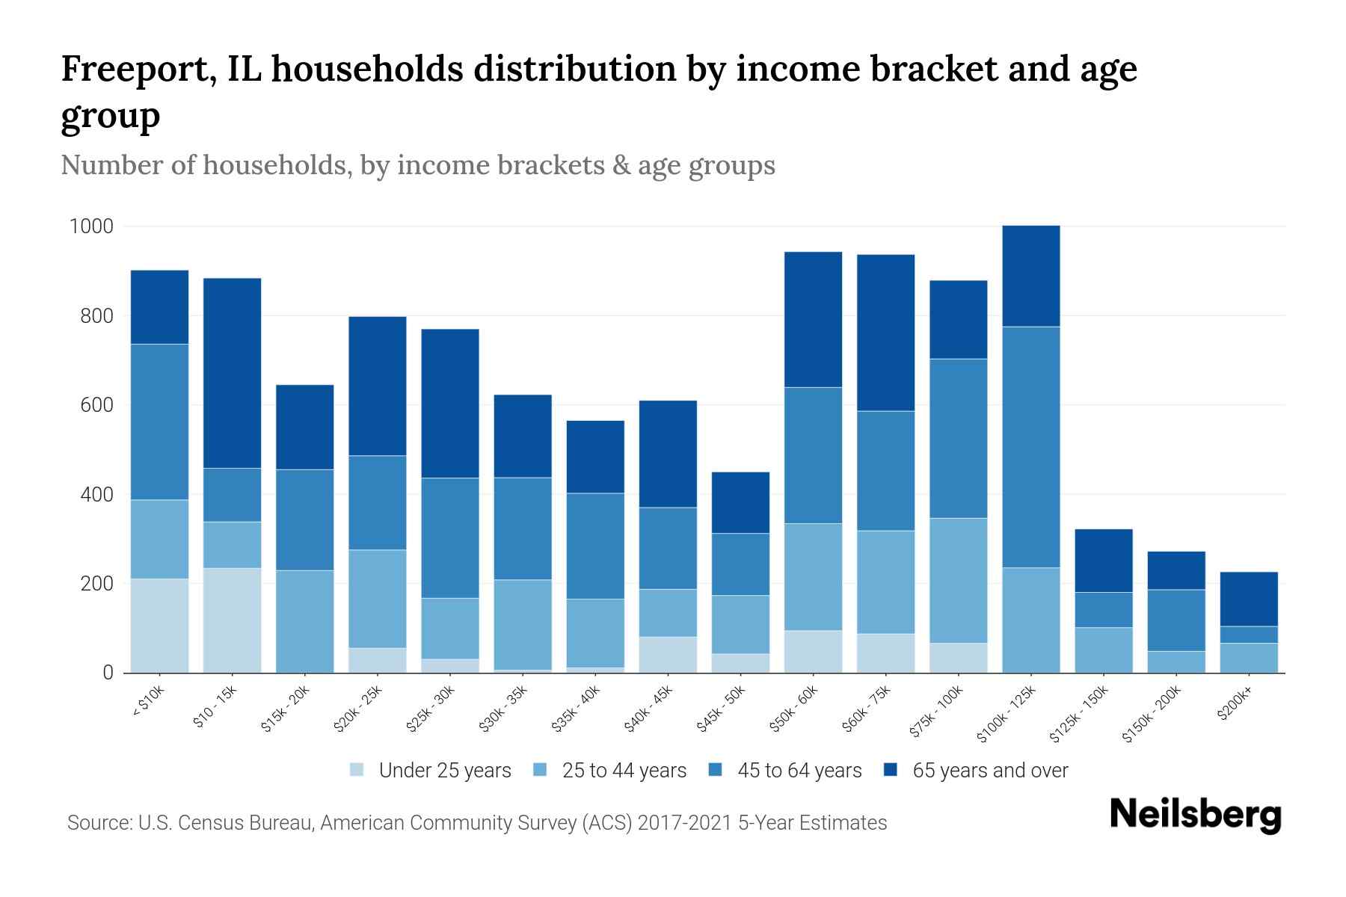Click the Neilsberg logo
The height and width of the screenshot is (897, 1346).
click(1195, 815)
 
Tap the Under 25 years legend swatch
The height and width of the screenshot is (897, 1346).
click(357, 770)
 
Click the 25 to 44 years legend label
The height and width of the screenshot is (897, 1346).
click(624, 771)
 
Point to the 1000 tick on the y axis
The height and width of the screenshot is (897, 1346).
click(91, 226)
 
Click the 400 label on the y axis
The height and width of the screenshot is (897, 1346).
click(97, 494)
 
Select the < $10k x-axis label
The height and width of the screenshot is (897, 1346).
click(149, 703)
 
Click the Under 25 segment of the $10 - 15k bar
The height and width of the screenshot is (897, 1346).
click(232, 620)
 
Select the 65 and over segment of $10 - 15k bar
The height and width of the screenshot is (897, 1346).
click(232, 373)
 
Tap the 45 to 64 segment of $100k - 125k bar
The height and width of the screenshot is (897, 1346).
click(1030, 447)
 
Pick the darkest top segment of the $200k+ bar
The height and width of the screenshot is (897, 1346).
click(1248, 599)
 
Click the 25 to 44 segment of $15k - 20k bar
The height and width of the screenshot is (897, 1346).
click(304, 621)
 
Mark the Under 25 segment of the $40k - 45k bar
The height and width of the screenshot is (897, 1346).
click(668, 654)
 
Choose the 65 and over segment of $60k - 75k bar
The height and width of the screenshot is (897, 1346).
click(885, 333)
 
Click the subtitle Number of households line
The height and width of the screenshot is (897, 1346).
click(417, 165)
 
